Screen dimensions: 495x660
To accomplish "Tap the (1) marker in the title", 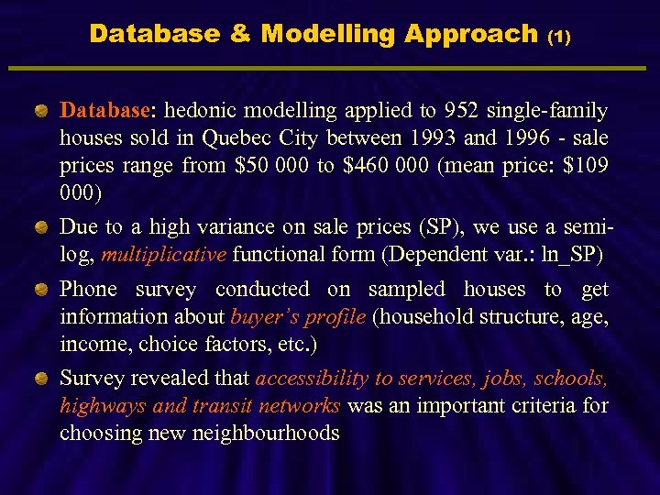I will (558, 38).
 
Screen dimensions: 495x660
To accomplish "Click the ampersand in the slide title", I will (239, 35).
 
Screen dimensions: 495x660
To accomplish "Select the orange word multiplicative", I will (163, 254).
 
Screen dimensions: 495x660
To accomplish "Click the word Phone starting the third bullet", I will (88, 290).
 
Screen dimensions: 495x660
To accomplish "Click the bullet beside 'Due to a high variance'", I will (41, 225).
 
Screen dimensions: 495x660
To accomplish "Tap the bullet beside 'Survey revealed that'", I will (41, 379).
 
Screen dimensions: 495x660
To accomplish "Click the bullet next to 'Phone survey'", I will (41, 291).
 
